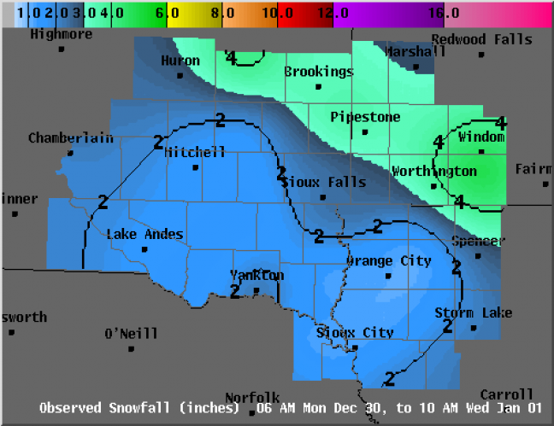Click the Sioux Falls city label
(323, 182)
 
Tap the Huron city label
(180, 61)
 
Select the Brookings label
(318, 71)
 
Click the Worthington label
(433, 171)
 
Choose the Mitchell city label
(195, 152)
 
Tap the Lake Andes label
(144, 234)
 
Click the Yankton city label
(256, 275)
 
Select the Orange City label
(381, 260)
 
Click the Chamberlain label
(70, 137)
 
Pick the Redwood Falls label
(481, 39)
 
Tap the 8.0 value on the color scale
(221, 13)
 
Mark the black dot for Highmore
(61, 50)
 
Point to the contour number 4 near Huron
(231, 58)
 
